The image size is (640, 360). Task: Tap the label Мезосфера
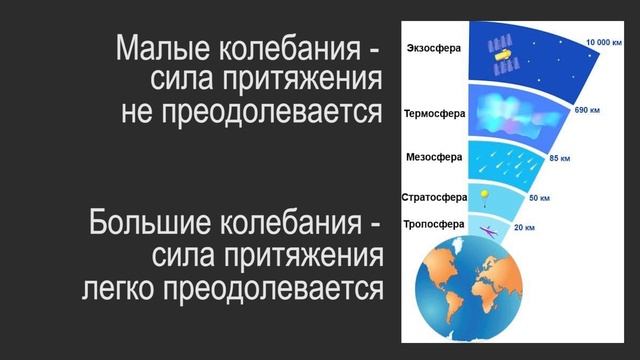click(x=434, y=157)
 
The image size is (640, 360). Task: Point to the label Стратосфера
click(x=434, y=197)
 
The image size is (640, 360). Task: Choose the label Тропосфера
click(x=433, y=224)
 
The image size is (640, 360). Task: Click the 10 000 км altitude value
click(x=604, y=41)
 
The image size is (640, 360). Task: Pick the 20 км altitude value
click(x=524, y=228)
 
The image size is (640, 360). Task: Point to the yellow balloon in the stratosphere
click(x=485, y=195)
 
